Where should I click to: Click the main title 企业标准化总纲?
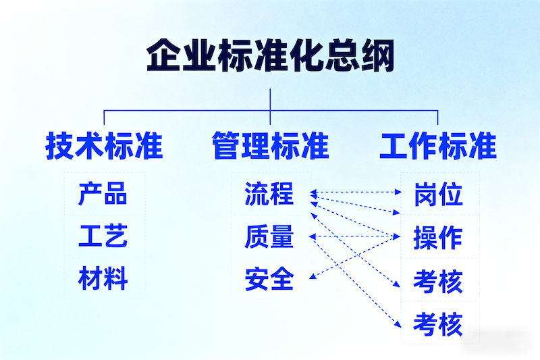(270, 55)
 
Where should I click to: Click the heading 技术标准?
(104, 146)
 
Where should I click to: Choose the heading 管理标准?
(270, 146)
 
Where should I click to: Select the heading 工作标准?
(438, 146)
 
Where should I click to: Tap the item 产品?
(103, 194)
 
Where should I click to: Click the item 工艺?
(103, 236)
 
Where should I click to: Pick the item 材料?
(103, 279)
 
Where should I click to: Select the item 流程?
(269, 194)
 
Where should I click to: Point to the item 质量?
(269, 236)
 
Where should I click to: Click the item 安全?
(269, 279)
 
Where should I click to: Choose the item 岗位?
(438, 194)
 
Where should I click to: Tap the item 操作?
(438, 237)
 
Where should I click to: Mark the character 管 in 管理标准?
(226, 146)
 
